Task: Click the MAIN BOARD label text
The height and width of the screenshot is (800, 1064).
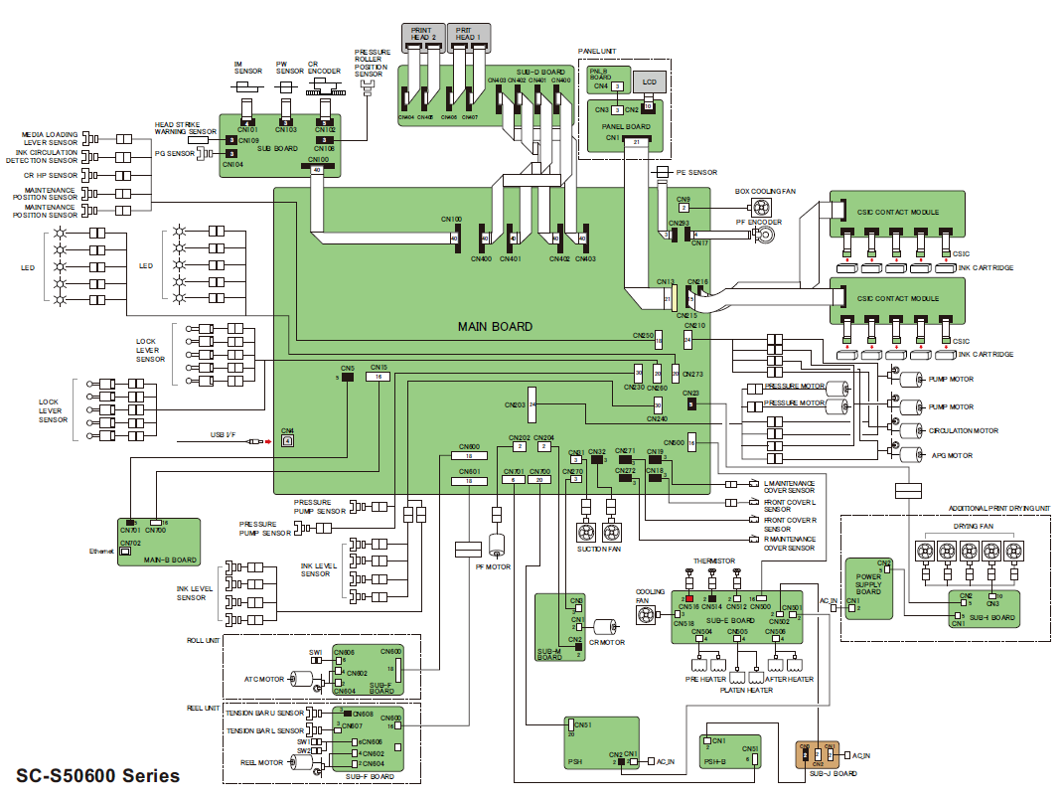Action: click(495, 327)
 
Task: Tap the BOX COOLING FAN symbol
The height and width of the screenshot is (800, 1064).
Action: click(761, 208)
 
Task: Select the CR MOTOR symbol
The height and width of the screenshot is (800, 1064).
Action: click(603, 628)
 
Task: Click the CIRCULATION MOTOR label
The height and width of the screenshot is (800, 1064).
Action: click(965, 431)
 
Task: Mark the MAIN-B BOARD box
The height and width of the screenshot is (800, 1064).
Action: click(158, 543)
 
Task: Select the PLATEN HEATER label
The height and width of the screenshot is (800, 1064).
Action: click(746, 691)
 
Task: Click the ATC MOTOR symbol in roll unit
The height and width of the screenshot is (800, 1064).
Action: click(301, 680)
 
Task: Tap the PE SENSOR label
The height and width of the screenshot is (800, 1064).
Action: click(696, 173)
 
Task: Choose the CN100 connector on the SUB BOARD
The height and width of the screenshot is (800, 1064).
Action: click(317, 169)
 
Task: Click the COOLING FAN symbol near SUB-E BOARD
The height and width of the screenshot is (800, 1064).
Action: click(649, 616)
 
